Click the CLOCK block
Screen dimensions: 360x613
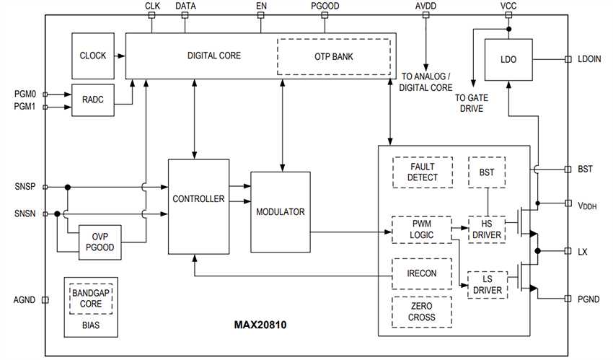(93, 56)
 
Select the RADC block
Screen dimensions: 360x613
(92, 100)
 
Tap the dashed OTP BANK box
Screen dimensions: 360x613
(333, 56)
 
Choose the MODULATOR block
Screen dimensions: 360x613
(281, 212)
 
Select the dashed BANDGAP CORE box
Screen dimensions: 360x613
(92, 299)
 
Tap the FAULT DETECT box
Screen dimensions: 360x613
(422, 172)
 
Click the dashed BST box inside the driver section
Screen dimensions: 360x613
(488, 172)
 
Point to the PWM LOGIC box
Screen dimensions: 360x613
(421, 229)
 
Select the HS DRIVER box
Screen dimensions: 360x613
(488, 229)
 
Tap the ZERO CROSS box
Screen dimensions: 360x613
(422, 312)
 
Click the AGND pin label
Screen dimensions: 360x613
(26, 299)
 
